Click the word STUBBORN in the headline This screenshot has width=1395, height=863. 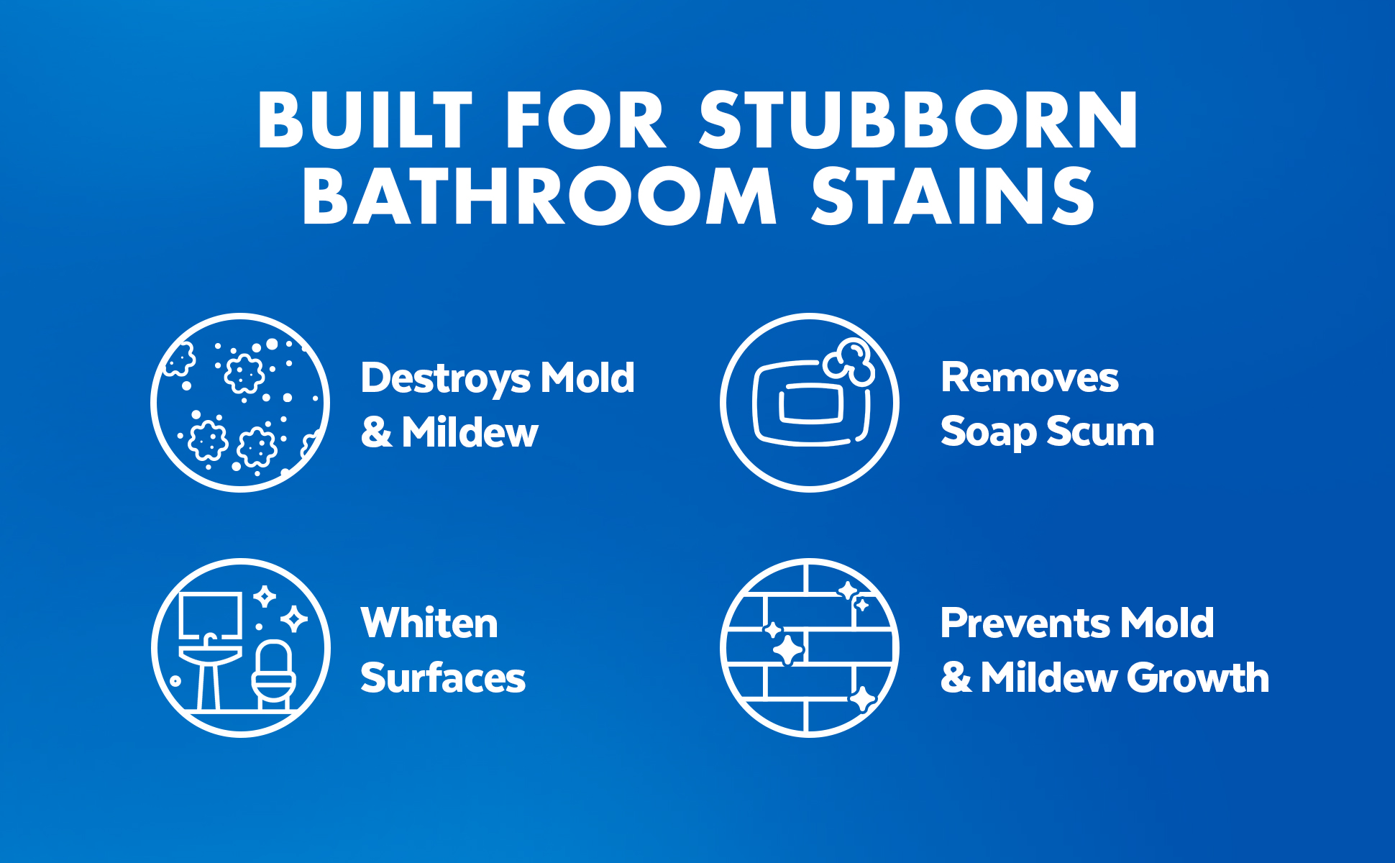pyautogui.click(x=919, y=120)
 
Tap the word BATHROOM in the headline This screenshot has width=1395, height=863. pyautogui.click(x=539, y=196)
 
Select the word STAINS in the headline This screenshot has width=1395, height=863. pyautogui.click(x=953, y=196)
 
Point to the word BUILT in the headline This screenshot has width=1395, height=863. pyautogui.click(x=365, y=120)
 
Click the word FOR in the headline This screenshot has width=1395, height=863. pyautogui.click(x=586, y=120)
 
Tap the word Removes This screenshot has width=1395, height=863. pyautogui.click(x=1030, y=378)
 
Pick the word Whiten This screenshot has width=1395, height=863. pyautogui.click(x=429, y=623)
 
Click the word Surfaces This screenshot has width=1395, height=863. pyautogui.click(x=443, y=677)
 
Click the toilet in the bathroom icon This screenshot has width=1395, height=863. pyautogui.click(x=274, y=675)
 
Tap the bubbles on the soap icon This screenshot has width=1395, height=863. pyautogui.click(x=850, y=362)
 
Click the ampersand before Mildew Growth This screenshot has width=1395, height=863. pyautogui.click(x=956, y=678)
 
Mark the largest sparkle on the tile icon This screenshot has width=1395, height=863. pyautogui.click(x=787, y=650)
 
